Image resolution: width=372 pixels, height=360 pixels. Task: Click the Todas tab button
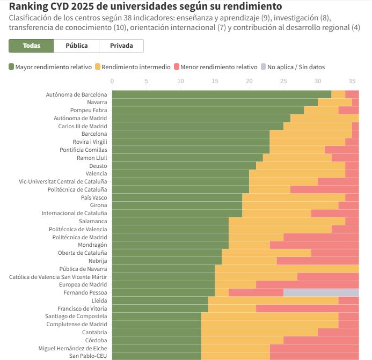click(x=31, y=46)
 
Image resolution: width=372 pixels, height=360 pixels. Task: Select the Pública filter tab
click(x=76, y=46)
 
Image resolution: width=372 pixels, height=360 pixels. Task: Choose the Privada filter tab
click(x=121, y=46)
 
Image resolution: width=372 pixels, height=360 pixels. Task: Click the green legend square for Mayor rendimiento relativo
click(x=11, y=67)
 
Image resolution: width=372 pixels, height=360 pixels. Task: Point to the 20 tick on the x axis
click(x=249, y=82)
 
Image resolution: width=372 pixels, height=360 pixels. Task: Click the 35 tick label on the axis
click(x=352, y=82)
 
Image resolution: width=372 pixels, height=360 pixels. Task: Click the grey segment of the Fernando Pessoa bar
click(x=321, y=292)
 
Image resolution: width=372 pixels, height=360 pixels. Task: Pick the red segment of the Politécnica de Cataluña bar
click(x=324, y=189)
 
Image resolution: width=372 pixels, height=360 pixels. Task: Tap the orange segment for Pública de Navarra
click(x=287, y=269)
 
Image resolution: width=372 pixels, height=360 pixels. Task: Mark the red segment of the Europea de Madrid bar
click(x=307, y=284)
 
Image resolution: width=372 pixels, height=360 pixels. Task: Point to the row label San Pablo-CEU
click(x=88, y=356)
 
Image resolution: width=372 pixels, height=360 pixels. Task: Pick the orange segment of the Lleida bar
click(x=273, y=300)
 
